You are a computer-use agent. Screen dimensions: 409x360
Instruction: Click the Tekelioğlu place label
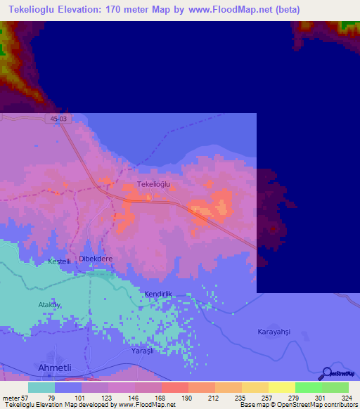154,184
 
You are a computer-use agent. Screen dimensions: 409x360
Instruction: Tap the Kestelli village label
59,261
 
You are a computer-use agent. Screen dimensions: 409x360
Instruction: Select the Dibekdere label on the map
95,259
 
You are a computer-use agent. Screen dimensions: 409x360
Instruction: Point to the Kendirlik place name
157,294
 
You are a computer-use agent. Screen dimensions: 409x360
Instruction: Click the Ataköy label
49,304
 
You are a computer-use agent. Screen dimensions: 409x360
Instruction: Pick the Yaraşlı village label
142,350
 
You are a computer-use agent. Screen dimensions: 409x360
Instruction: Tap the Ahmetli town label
54,368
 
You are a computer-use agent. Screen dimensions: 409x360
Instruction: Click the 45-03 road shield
60,119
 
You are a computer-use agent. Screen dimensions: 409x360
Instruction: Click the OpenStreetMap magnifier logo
326,373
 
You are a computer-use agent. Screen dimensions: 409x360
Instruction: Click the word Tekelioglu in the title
39,10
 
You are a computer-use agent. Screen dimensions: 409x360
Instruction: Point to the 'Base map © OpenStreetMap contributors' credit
297,405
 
